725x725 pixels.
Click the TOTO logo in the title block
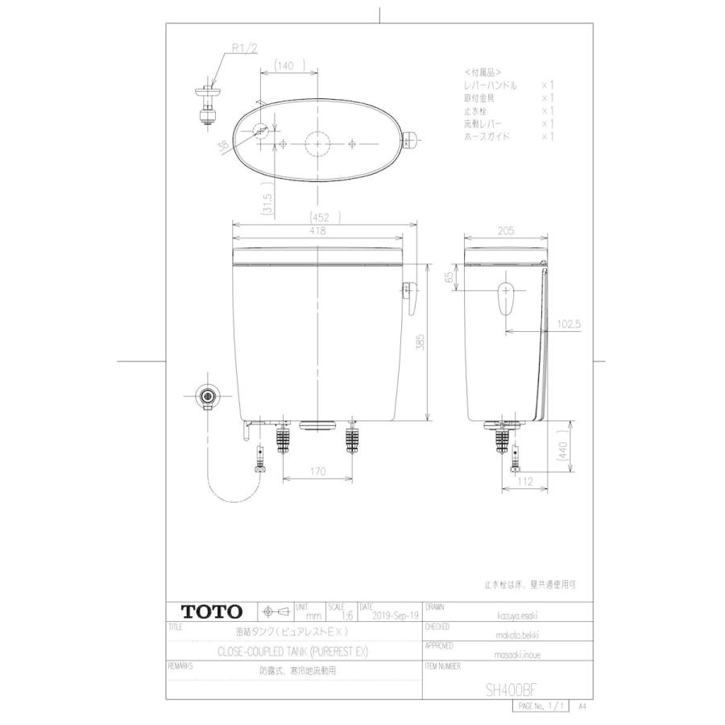pos(205,610)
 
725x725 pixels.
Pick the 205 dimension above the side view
pos(505,231)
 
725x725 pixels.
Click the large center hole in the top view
pos(318,143)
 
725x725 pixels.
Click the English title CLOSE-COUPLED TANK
pos(292,651)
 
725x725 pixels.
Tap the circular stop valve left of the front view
pos(209,396)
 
